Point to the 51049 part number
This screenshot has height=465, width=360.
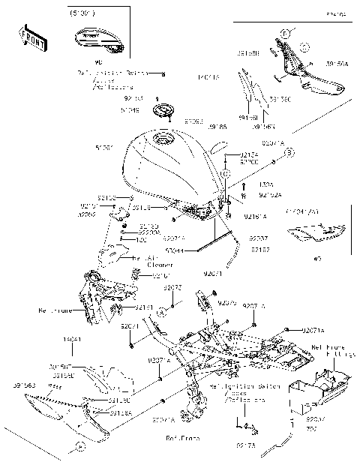132,109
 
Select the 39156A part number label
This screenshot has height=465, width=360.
337,64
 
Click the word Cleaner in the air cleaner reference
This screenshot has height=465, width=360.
149,265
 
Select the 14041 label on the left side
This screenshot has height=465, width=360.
72,340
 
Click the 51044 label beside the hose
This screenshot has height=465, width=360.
174,253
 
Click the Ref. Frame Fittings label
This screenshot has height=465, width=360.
330,352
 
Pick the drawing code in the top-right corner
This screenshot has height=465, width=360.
336,13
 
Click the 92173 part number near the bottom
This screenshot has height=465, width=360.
245,445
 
